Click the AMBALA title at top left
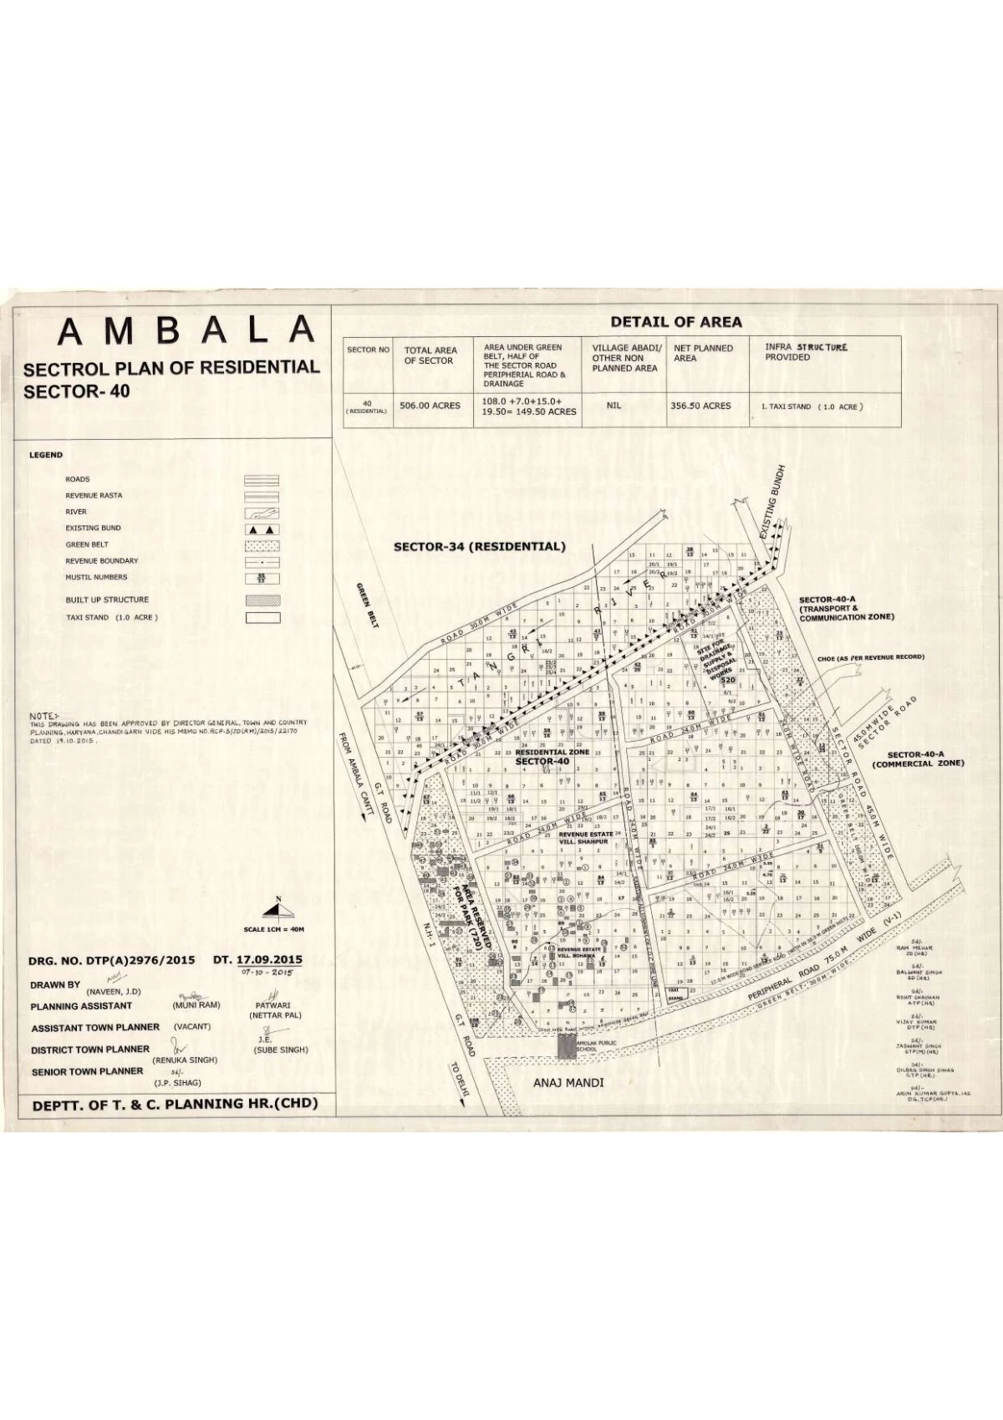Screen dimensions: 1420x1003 point(186,332)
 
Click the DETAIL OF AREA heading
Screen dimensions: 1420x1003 point(675,322)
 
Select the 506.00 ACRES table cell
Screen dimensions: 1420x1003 point(430,406)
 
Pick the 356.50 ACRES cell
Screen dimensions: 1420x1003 point(700,406)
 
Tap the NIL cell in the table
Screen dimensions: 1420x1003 point(613,405)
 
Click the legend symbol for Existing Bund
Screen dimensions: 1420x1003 point(262,529)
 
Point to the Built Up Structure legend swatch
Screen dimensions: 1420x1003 point(262,600)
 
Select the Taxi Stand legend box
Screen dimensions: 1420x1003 point(262,619)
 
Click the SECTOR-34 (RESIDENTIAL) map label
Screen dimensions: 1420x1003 point(480,547)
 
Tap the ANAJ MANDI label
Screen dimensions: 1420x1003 point(568,1083)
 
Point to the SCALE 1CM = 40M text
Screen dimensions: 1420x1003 point(274,930)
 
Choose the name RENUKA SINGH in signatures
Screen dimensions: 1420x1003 point(185,1060)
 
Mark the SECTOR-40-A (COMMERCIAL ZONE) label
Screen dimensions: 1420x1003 point(918,759)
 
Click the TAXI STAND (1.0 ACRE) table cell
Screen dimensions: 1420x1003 point(811,407)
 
